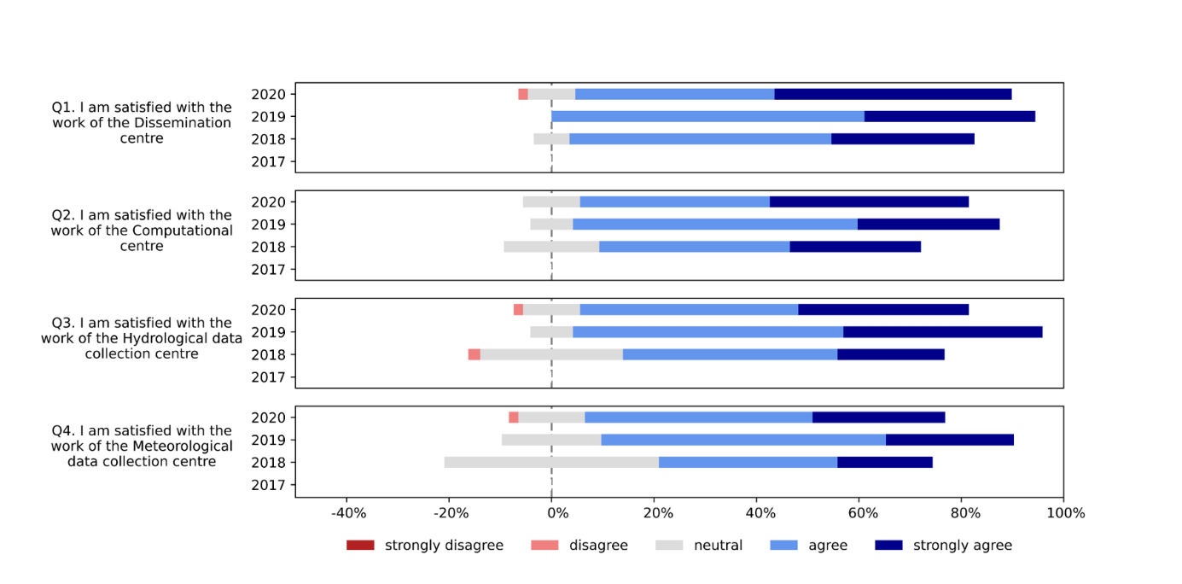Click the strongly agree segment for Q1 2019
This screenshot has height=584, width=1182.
(949, 116)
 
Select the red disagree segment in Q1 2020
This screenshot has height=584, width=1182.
(522, 94)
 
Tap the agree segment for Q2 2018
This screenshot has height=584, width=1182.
(694, 247)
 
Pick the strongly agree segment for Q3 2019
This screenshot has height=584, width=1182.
(942, 332)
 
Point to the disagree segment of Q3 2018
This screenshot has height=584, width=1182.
(474, 354)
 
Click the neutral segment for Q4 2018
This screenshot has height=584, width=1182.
(551, 462)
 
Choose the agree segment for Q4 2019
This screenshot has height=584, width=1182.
(742, 440)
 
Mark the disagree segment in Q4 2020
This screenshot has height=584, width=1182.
(513, 418)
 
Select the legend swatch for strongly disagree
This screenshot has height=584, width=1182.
(360, 545)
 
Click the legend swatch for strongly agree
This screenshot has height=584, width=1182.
(889, 545)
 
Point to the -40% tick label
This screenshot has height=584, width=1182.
(348, 513)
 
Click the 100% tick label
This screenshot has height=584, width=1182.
(1065, 513)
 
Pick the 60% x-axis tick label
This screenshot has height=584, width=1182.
(862, 513)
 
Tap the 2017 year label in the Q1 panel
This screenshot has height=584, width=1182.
(267, 161)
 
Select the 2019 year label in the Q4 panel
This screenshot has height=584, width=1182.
(267, 440)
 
